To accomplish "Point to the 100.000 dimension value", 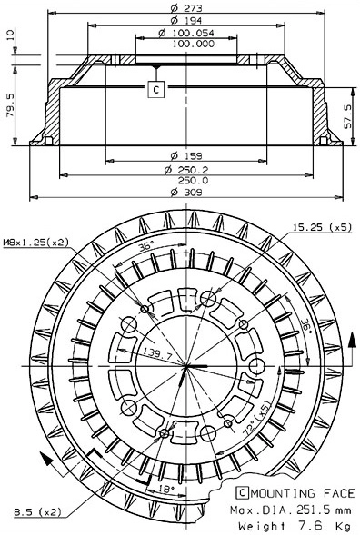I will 185,43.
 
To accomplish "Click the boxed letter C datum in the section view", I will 155,89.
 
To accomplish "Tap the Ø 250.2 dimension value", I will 185,169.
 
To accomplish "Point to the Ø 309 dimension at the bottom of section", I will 185,193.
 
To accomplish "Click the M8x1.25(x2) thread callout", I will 35,241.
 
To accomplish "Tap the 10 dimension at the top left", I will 11,36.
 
